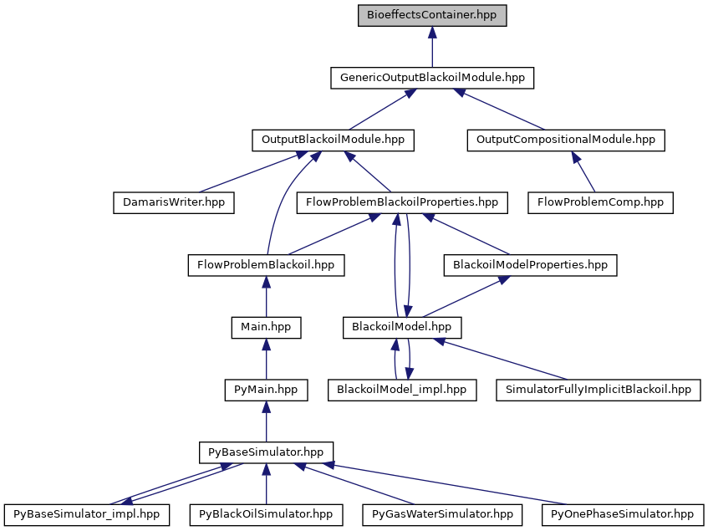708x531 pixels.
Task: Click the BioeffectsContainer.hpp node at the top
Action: click(x=432, y=15)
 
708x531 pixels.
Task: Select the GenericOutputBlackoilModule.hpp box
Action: click(x=432, y=78)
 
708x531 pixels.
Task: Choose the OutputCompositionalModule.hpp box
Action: click(x=565, y=140)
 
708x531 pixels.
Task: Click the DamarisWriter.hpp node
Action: click(x=174, y=202)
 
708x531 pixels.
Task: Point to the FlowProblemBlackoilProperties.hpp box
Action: click(x=402, y=202)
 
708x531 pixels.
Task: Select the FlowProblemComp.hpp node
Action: click(x=600, y=202)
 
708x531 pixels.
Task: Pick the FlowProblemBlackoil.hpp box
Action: click(x=266, y=265)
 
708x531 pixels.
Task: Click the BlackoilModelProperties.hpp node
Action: click(x=529, y=265)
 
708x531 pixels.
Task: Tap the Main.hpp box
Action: click(x=266, y=327)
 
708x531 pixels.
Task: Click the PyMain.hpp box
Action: click(x=266, y=390)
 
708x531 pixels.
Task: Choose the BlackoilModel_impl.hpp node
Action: click(x=402, y=390)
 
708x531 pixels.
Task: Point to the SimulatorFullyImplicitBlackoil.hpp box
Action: click(x=598, y=390)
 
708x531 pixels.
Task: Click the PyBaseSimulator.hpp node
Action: click(x=266, y=452)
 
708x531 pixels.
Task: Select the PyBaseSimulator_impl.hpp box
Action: click(x=87, y=514)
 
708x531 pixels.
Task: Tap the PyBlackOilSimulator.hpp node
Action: click(x=266, y=514)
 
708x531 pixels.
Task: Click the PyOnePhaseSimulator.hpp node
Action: click(x=622, y=514)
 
